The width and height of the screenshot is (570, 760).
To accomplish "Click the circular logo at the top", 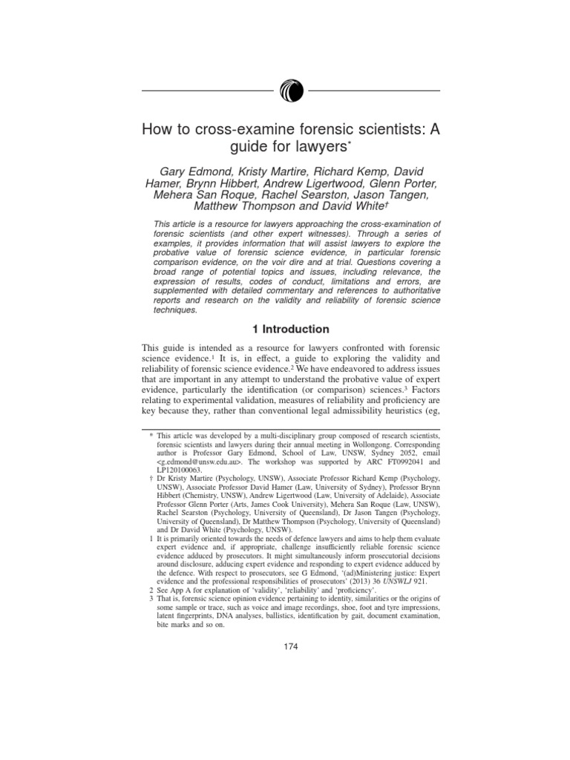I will pos(290,92).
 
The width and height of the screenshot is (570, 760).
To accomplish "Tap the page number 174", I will pos(290,647).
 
